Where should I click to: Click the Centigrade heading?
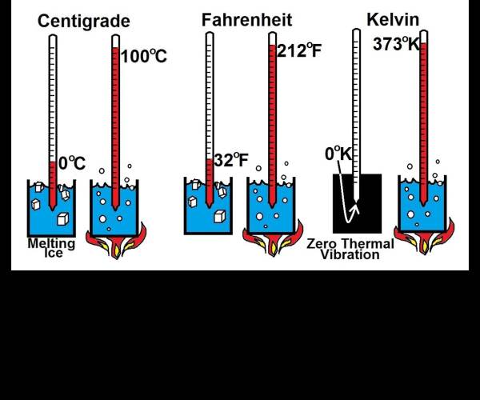[84, 22]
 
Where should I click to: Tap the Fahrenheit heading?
[246, 20]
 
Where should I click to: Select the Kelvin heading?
[393, 19]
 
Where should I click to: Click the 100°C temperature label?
[144, 56]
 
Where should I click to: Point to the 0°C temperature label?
[72, 163]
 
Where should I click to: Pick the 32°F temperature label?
[231, 160]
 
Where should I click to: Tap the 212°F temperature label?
[299, 50]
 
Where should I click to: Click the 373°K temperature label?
[396, 44]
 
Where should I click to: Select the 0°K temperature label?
[338, 154]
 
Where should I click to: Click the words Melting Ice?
[51, 248]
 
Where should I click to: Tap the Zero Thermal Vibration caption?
[350, 249]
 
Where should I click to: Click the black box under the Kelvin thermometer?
[358, 203]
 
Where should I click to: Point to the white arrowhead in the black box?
[355, 207]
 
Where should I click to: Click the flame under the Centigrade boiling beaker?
[116, 242]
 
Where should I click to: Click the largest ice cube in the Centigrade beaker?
[62, 218]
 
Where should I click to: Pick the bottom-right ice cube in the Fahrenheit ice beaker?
[220, 216]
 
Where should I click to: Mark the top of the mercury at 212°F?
[272, 46]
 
